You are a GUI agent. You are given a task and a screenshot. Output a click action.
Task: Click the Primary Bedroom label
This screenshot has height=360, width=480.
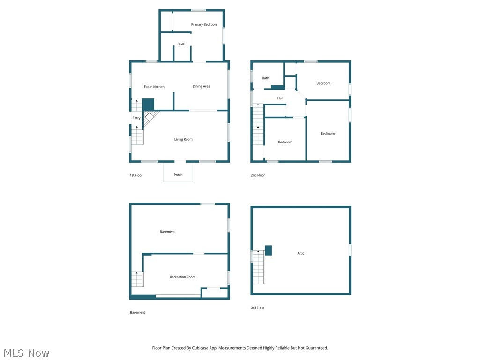coord(204,24)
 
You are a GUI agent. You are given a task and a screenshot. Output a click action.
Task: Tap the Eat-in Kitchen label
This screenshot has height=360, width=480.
coord(154,87)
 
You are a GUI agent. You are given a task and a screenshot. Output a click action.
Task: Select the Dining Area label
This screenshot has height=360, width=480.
coord(201,86)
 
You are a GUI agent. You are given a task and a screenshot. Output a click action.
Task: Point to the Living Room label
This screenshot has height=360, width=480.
coord(183,139)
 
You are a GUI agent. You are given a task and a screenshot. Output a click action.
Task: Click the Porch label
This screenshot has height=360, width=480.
coord(178,175)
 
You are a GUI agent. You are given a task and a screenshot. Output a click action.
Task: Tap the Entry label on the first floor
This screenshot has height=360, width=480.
coord(136,118)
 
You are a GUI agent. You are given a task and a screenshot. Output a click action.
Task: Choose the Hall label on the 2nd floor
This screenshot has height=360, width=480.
coord(280,98)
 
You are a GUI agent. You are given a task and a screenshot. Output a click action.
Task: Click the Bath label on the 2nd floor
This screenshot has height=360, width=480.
coord(265,78)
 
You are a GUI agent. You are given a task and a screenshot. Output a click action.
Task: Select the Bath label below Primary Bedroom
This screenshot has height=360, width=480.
coord(181,45)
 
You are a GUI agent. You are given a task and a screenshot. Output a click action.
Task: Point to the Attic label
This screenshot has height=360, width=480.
coord(300,253)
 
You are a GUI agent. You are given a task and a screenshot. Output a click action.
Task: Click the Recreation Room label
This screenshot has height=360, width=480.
coord(182,277)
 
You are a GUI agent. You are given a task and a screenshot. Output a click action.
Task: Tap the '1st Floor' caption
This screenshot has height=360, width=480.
coord(136,175)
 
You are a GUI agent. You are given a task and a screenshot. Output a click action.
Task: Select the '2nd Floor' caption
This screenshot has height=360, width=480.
coord(258,175)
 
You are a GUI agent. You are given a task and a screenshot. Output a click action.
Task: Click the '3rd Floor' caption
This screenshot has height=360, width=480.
coord(257,308)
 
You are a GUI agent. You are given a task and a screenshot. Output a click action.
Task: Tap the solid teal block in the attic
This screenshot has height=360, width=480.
coord(269,250)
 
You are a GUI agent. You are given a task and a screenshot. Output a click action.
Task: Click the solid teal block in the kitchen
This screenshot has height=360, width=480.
coord(148,104)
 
